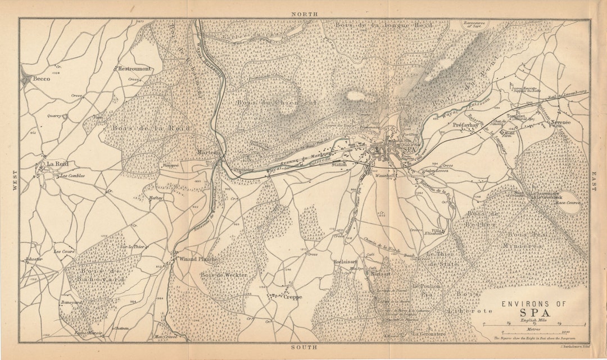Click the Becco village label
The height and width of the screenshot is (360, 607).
click(x=42, y=80)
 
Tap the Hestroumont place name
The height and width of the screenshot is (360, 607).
click(x=134, y=69)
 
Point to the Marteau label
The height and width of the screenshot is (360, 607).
click(x=211, y=152)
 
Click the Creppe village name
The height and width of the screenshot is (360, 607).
click(x=293, y=297)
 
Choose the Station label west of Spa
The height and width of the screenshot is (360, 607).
click(x=339, y=165)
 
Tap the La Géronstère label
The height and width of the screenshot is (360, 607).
click(x=429, y=334)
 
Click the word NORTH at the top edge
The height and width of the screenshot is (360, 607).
click(x=305, y=13)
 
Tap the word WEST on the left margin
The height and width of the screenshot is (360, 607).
click(x=15, y=181)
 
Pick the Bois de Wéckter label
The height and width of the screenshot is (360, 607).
click(x=224, y=275)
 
